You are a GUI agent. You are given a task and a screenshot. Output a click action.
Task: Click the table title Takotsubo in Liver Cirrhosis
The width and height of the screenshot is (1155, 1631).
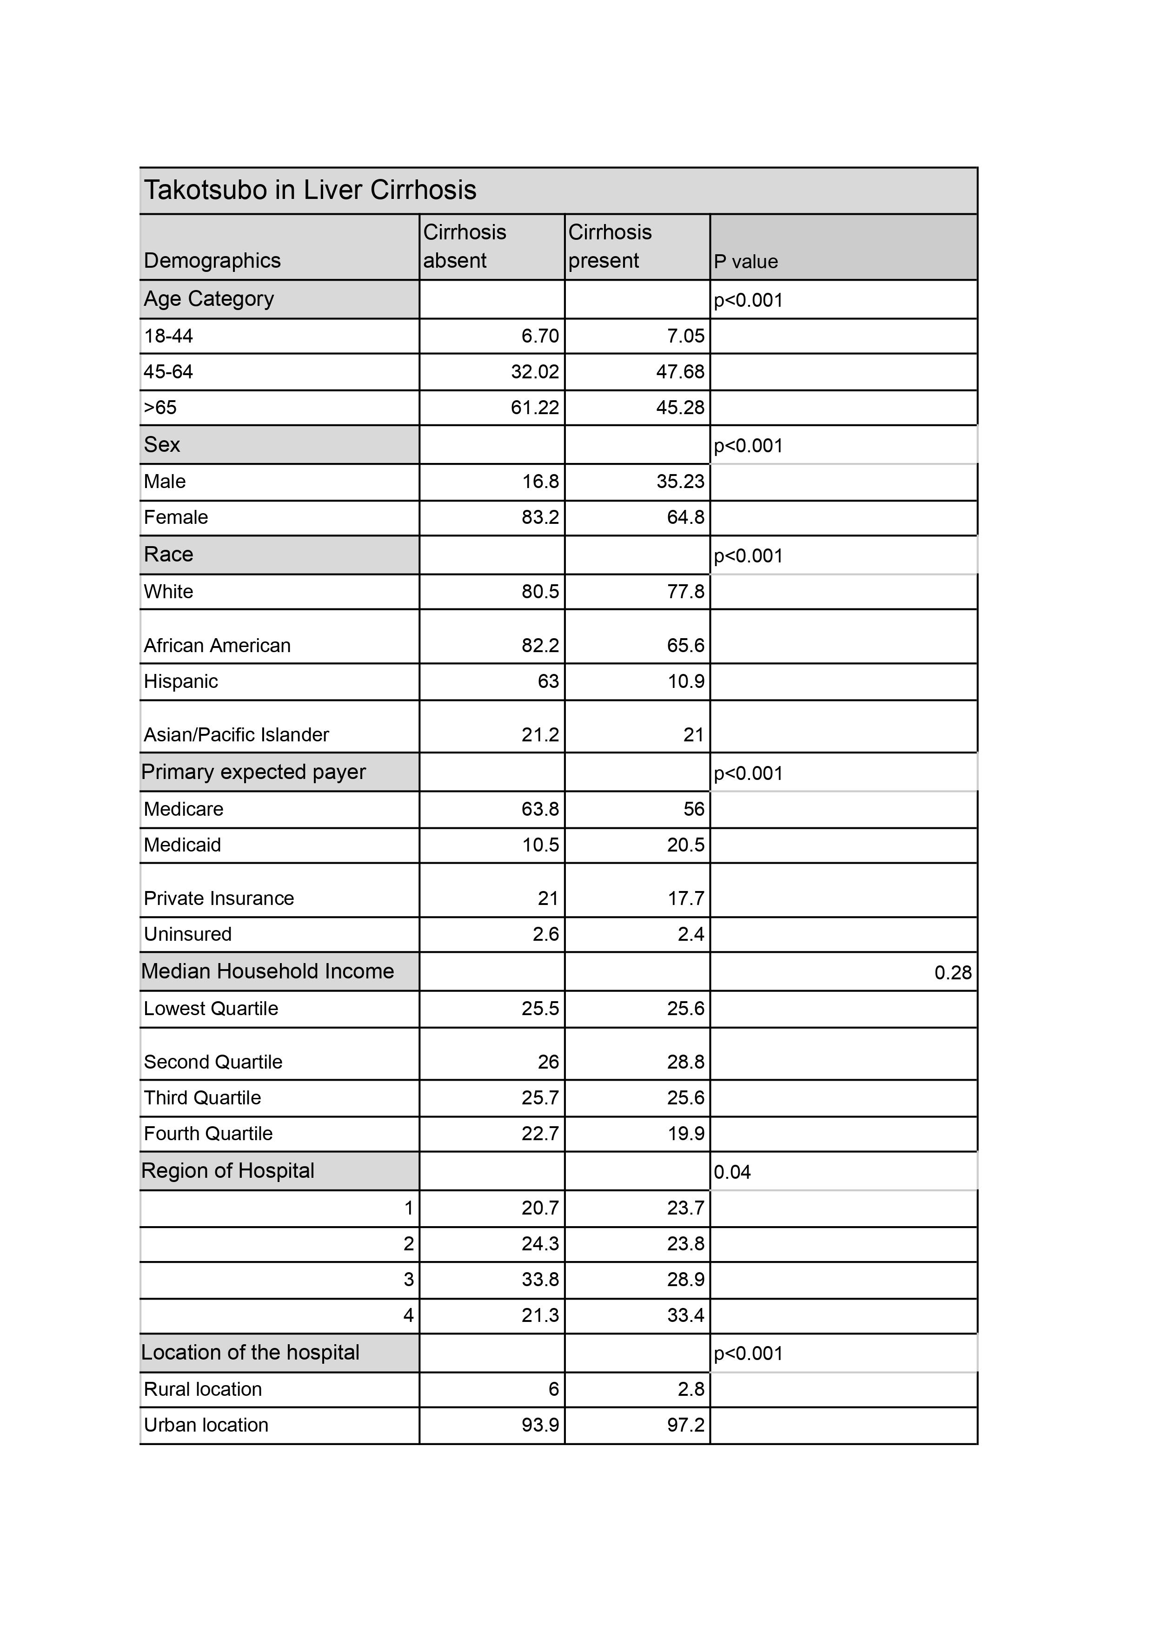pyautogui.click(x=310, y=191)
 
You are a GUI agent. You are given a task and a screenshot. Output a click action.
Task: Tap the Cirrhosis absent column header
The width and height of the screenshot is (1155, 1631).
pyautogui.click(x=465, y=246)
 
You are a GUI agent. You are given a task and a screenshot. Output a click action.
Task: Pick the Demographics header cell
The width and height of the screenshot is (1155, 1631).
pyautogui.click(x=212, y=260)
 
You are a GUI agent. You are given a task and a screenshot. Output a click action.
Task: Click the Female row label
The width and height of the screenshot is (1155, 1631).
pyautogui.click(x=176, y=517)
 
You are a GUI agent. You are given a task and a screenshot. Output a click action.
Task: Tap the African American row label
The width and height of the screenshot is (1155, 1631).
pyautogui.click(x=217, y=645)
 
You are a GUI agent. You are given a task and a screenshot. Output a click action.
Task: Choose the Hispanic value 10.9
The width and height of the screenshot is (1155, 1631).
pyautogui.click(x=685, y=681)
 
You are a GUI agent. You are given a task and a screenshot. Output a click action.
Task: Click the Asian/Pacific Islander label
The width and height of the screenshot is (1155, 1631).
pyautogui.click(x=236, y=734)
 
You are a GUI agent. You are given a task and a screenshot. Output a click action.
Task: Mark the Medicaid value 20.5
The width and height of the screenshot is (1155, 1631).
pyautogui.click(x=685, y=845)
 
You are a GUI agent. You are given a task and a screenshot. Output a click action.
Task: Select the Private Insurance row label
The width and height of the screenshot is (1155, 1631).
pyautogui.click(x=219, y=898)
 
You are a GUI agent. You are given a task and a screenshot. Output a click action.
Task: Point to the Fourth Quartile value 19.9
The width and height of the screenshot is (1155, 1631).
pyautogui.click(x=685, y=1133)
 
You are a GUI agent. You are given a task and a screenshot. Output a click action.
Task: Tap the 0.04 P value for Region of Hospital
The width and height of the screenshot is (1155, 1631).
pyautogui.click(x=732, y=1172)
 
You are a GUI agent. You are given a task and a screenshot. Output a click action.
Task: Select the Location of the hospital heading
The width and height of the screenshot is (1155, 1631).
pyautogui.click(x=250, y=1352)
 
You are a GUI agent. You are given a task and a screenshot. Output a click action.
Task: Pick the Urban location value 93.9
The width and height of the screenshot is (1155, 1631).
pyautogui.click(x=540, y=1425)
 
